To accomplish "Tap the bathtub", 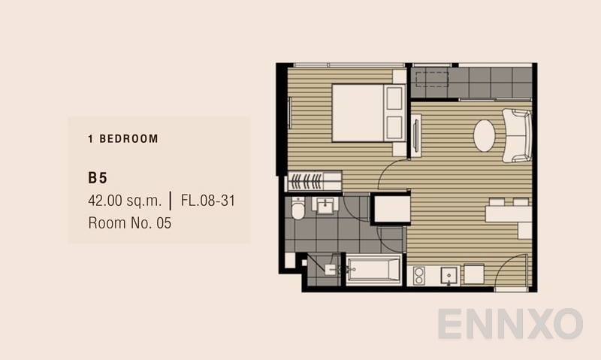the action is pos(373,269).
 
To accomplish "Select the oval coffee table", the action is pos(484,135).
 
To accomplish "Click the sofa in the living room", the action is pos(517,135).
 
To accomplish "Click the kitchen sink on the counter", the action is pos(448,276).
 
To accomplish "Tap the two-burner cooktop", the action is pos(418,276).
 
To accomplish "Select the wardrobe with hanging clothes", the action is pos(314,181).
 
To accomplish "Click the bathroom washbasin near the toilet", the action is pos(325,205).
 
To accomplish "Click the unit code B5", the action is pos(98,178).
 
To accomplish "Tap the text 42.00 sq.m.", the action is pos(125,201).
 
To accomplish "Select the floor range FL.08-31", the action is pos(208,201).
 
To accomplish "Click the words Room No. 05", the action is pos(129,223).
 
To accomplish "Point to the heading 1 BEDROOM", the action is pos(123,139).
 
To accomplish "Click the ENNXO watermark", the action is pos(510,324).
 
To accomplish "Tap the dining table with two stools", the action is pos(509,213).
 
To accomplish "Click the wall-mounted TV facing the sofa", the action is pos(416,135).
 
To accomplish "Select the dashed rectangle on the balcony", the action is pos(432,80).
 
